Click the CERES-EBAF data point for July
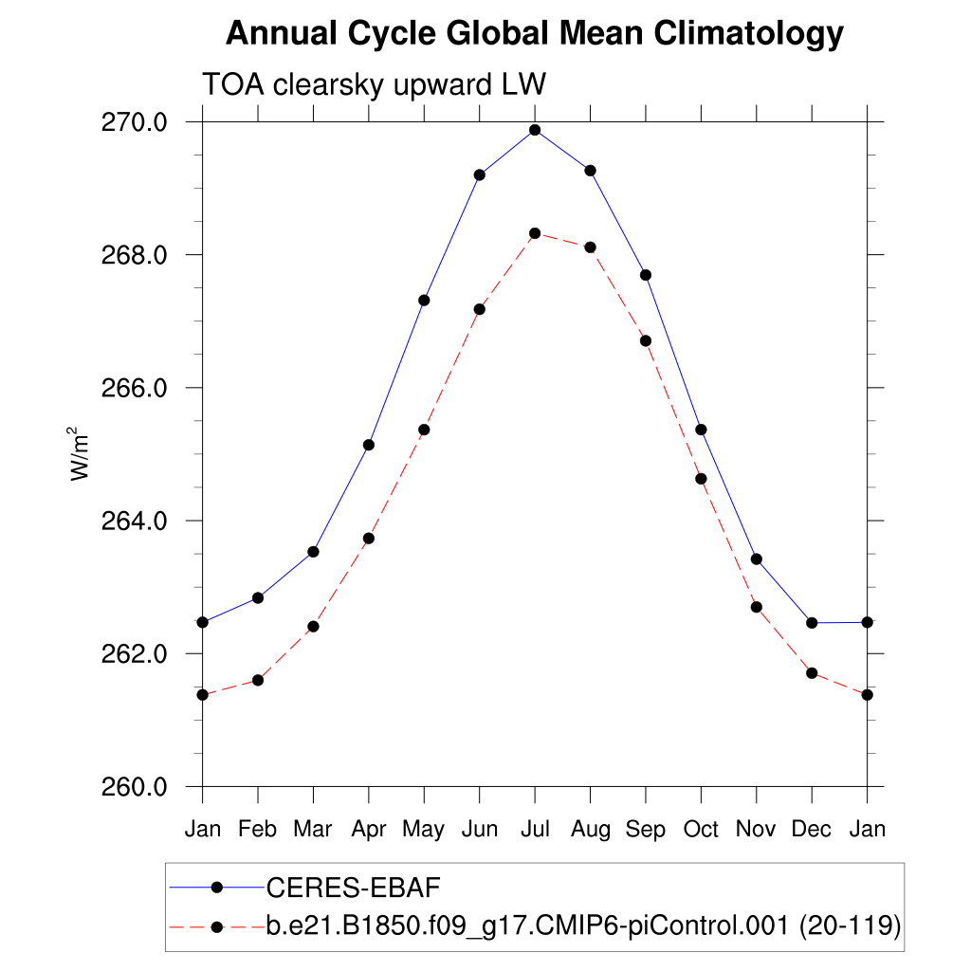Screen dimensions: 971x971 [x=535, y=130]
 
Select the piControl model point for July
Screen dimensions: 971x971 [x=535, y=233]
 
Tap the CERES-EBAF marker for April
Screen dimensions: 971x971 [x=369, y=445]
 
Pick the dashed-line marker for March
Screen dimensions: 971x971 [x=313, y=626]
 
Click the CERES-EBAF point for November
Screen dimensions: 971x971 [x=757, y=559]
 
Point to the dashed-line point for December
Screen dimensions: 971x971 [x=812, y=673]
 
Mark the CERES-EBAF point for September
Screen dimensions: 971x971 [x=646, y=275]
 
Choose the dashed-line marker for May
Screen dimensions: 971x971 [x=424, y=430]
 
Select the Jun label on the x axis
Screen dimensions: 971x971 [x=480, y=830]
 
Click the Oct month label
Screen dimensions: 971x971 [x=701, y=830]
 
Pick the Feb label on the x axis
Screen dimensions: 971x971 [x=257, y=830]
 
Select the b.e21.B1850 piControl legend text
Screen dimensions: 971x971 [x=582, y=925]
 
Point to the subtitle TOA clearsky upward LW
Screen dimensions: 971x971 [x=374, y=84]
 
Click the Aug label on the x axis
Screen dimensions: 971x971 [x=590, y=830]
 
